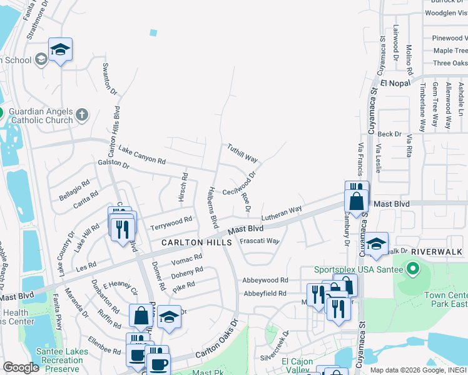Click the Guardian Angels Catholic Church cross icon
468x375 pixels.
pos(82,114)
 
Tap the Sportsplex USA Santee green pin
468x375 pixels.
pos(412,270)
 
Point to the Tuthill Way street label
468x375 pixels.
pos(242,150)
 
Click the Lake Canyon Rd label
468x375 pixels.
pos(142,155)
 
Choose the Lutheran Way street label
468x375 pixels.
pos(282,212)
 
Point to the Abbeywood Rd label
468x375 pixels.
pos(266,281)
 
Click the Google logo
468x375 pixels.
pos(21,368)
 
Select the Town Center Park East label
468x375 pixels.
pos(445,299)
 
